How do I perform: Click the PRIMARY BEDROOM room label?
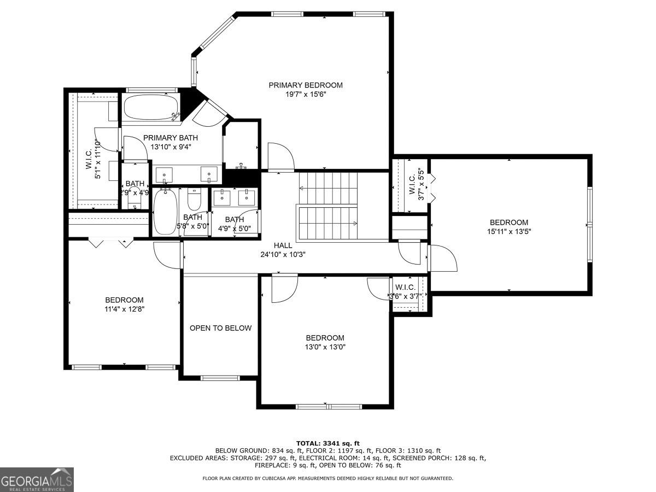pos(306,85)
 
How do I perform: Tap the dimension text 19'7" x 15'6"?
pos(306,94)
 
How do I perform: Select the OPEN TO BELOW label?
pos(220,328)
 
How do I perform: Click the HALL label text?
pos(283,245)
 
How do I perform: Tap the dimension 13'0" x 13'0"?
pos(325,347)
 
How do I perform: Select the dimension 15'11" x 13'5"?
pos(508,231)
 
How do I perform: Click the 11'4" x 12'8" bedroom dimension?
pos(124,309)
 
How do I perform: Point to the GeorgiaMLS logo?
pos(37,479)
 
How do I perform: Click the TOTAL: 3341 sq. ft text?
pos(327,443)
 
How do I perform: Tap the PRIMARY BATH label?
pos(171,138)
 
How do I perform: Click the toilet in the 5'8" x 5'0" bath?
pos(194,199)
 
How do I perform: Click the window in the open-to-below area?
pos(220,377)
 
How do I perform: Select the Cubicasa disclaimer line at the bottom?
pos(327,478)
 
